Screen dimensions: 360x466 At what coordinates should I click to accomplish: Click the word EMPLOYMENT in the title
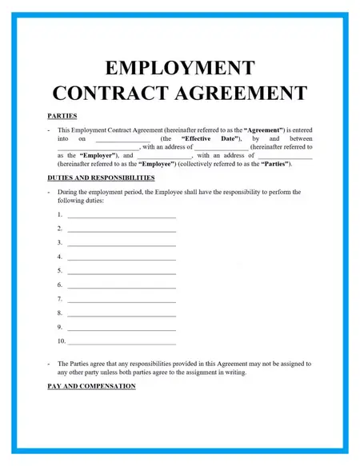[x=179, y=68]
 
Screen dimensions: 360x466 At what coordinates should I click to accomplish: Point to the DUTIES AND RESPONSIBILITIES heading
[x=101, y=177]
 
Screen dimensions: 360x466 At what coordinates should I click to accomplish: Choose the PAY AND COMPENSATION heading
[x=91, y=386]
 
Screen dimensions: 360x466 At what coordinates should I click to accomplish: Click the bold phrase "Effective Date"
[x=206, y=138]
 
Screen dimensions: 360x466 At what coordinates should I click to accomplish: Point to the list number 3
[x=60, y=243]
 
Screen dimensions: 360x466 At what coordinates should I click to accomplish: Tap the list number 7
[x=60, y=299]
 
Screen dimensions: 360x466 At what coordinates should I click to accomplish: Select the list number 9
[x=60, y=327]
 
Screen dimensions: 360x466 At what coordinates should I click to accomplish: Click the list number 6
[x=60, y=285]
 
